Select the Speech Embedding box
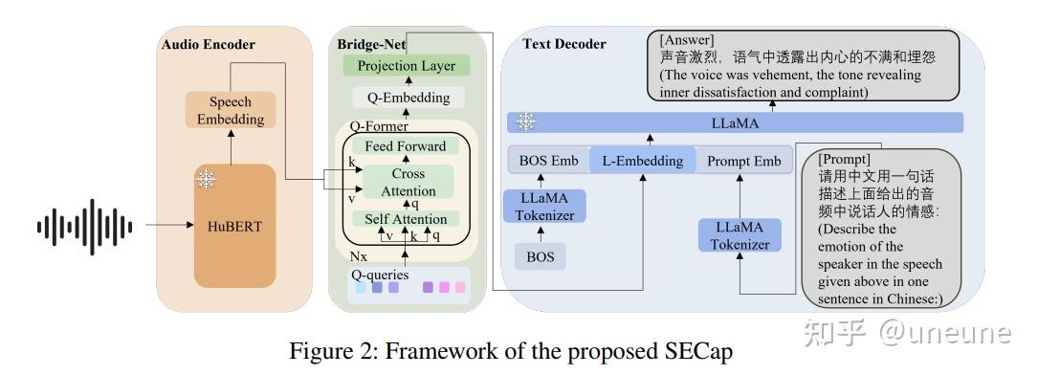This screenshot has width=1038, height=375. pyautogui.click(x=230, y=111)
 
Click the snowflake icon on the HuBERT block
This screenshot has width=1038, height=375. pyautogui.click(x=206, y=178)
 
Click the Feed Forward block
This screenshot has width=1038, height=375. pyautogui.click(x=405, y=146)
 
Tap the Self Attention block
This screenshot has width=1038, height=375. pyautogui.click(x=407, y=219)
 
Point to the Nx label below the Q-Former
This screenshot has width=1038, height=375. pyautogui.click(x=358, y=257)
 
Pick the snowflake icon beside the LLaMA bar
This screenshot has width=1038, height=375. pyautogui.click(x=525, y=121)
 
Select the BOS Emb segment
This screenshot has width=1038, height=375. pyautogui.click(x=547, y=161)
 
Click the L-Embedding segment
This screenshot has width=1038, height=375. pyautogui.click(x=642, y=161)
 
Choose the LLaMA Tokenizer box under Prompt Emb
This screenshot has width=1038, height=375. pyautogui.click(x=740, y=235)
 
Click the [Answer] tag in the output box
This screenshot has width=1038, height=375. pyautogui.click(x=686, y=40)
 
